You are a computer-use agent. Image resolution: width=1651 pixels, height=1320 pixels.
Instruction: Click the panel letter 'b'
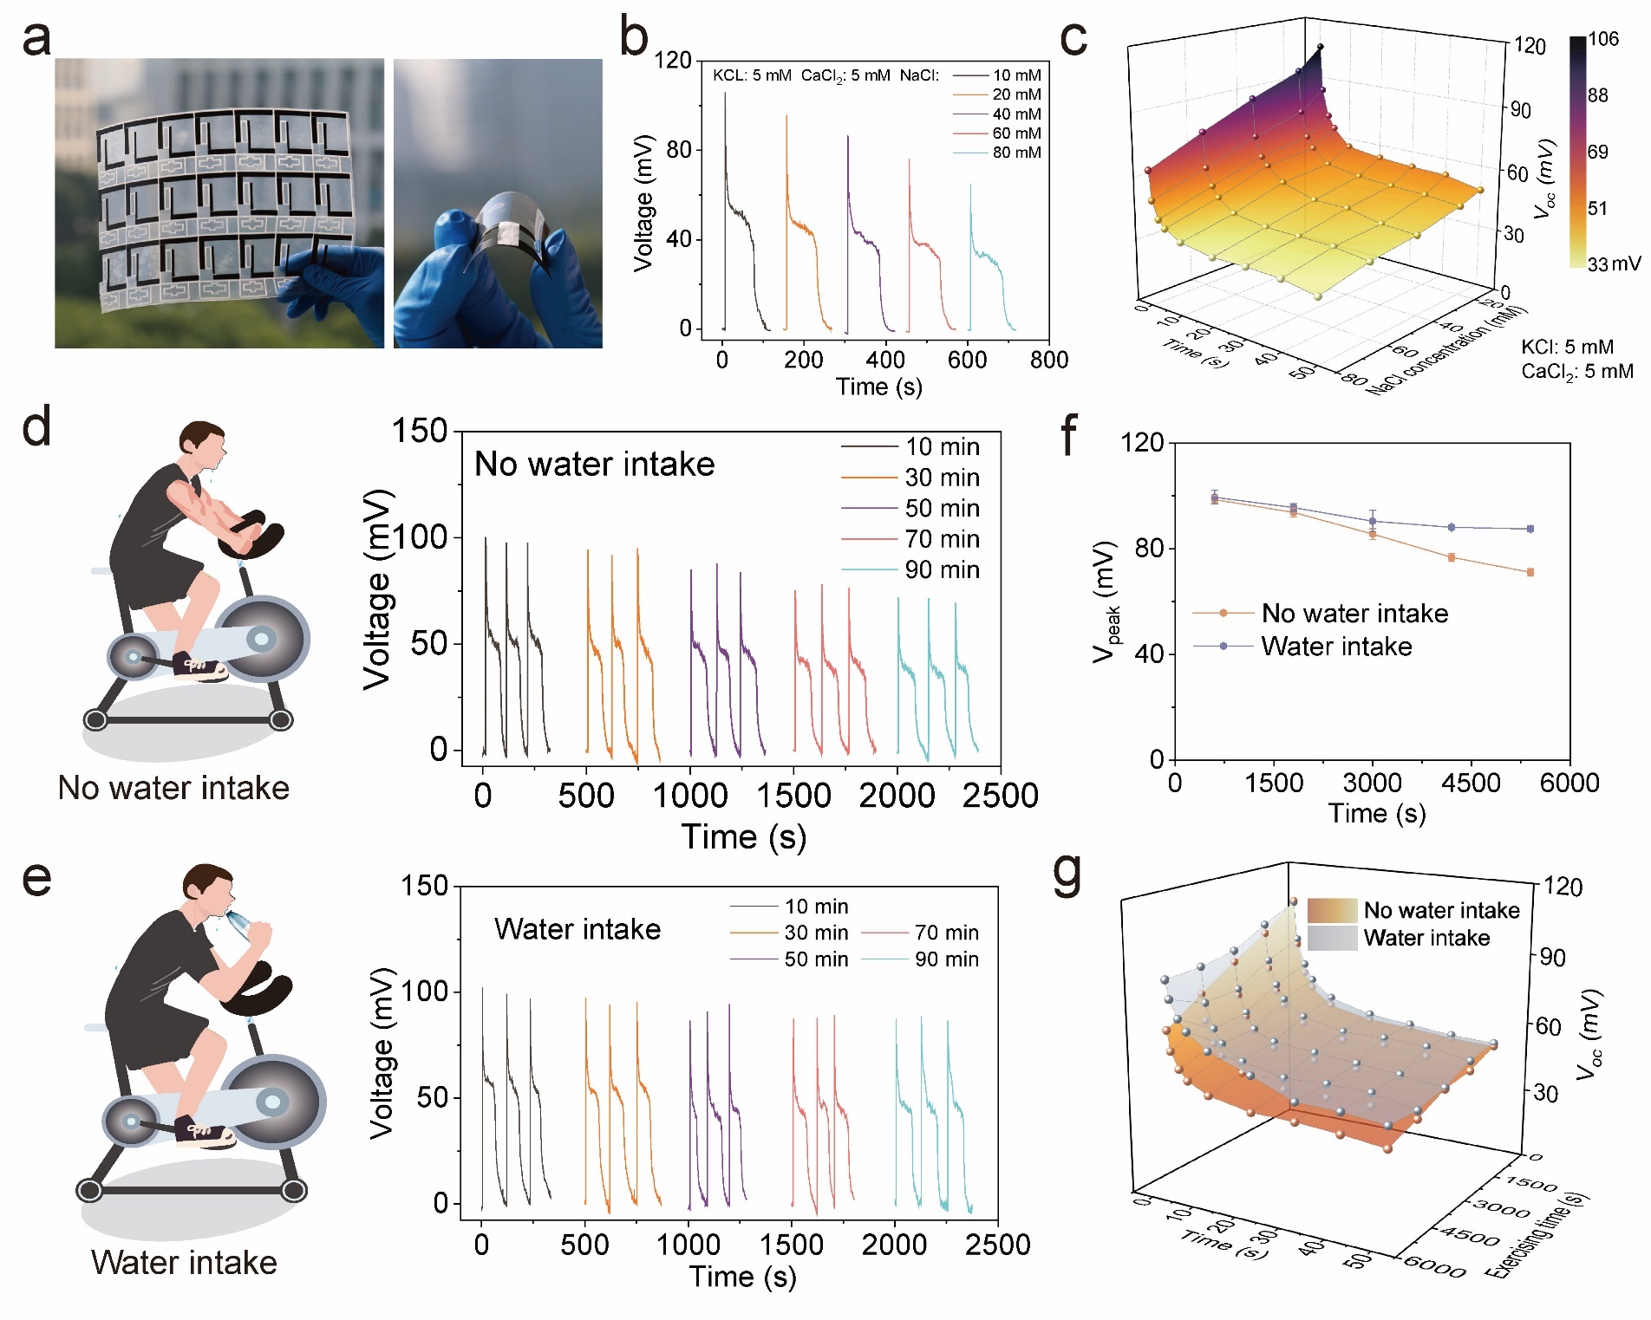(634, 39)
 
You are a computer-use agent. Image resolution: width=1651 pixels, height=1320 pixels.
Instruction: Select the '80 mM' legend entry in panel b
(1016, 153)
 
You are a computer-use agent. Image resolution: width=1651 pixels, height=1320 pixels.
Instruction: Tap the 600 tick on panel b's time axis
(967, 360)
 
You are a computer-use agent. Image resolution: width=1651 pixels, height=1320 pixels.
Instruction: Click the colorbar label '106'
(1603, 39)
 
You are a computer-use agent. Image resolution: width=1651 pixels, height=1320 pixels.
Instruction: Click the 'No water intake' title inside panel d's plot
(594, 465)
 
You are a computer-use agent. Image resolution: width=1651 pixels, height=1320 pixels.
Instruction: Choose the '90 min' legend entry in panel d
(942, 570)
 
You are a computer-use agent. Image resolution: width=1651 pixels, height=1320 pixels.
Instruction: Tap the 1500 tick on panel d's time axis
(793, 796)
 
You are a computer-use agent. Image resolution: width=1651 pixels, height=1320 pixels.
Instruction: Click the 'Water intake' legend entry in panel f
(1336, 647)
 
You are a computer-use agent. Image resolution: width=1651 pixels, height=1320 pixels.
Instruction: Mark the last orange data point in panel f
(1530, 572)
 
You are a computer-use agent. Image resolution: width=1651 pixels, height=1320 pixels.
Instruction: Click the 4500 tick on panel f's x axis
(1471, 784)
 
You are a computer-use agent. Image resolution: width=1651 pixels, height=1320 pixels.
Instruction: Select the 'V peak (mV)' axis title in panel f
(1106, 601)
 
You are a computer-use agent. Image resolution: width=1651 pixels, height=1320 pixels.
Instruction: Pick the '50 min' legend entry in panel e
(816, 959)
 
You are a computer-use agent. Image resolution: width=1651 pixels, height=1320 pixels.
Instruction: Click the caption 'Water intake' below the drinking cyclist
(184, 1263)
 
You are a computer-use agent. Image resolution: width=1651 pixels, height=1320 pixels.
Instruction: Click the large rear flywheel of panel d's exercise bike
(262, 639)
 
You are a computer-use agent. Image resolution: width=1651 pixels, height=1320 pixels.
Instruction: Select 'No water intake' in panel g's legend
(1441, 910)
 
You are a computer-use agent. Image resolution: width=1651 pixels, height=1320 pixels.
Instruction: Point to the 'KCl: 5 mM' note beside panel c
(1567, 348)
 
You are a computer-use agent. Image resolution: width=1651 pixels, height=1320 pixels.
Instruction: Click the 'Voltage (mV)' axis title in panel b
(643, 204)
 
